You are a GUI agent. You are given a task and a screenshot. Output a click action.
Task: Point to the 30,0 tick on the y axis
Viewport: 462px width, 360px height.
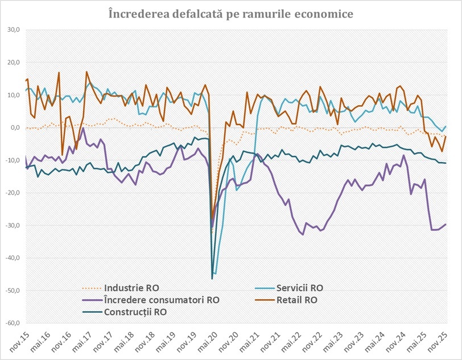pos(13,30)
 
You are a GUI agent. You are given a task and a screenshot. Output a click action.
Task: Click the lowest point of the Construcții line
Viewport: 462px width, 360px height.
pos(212,279)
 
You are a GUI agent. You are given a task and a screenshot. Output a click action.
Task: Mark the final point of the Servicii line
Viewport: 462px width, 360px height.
pos(445,126)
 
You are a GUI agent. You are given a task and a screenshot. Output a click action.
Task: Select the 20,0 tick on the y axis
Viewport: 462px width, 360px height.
pos(13,63)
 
